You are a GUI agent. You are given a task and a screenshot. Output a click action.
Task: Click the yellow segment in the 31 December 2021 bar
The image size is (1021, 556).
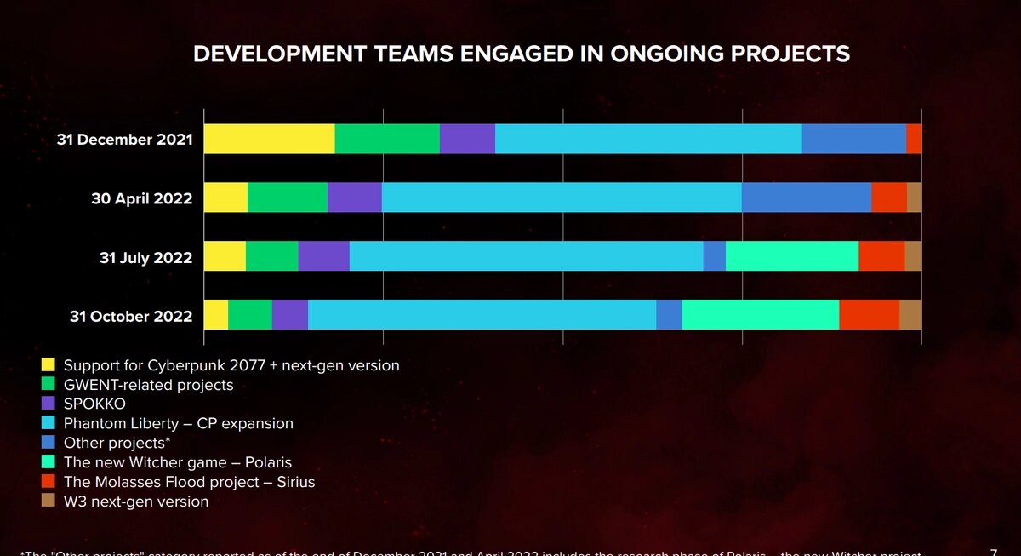click(x=269, y=139)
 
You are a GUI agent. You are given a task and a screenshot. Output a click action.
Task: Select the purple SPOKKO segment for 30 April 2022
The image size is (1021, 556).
click(x=354, y=198)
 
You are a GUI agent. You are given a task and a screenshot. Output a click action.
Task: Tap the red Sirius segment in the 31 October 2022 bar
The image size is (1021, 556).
click(x=869, y=315)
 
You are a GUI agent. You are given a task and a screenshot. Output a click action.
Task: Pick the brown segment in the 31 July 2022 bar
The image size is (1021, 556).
click(x=913, y=256)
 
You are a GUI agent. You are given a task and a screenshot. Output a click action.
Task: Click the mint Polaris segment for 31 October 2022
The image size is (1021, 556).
click(x=760, y=315)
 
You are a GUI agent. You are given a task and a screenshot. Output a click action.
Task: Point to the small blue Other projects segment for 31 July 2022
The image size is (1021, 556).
click(x=714, y=256)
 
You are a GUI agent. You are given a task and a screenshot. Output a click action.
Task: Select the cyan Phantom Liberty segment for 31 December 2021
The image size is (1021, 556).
click(x=648, y=139)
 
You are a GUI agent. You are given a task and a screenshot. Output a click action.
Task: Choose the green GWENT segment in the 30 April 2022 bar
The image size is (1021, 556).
click(x=287, y=198)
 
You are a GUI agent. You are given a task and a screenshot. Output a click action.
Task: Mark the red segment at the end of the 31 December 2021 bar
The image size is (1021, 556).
click(x=914, y=139)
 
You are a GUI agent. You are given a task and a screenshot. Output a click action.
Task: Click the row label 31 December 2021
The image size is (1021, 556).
click(x=124, y=140)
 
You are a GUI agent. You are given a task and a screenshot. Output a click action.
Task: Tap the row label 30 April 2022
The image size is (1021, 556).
click(x=141, y=198)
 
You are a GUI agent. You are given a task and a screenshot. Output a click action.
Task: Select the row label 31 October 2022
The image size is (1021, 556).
click(x=130, y=317)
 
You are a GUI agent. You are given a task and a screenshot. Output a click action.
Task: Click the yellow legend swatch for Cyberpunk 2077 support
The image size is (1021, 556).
click(x=48, y=365)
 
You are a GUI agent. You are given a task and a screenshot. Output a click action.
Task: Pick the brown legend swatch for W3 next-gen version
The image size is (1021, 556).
click(x=48, y=502)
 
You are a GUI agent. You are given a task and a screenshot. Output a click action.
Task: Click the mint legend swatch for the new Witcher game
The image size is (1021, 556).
click(x=48, y=462)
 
